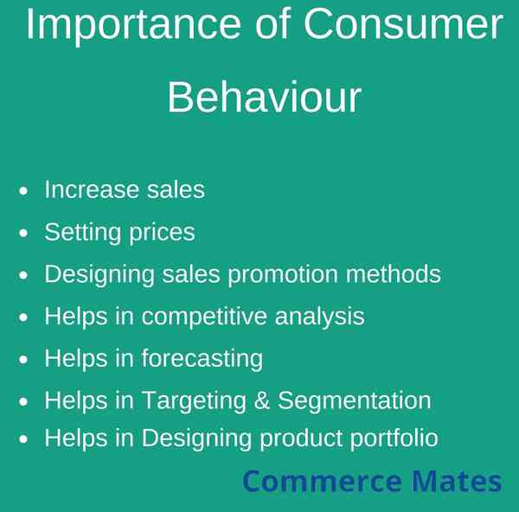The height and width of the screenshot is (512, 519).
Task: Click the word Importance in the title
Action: [134, 25]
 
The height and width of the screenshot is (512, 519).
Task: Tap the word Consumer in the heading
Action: [403, 23]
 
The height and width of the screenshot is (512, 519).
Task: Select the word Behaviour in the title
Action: [264, 98]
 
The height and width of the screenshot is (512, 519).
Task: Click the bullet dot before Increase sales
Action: [23, 191]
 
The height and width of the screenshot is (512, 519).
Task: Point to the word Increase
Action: [92, 189]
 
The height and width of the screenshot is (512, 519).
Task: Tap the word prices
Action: [162, 234]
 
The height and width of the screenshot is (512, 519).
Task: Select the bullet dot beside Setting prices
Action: [23, 233]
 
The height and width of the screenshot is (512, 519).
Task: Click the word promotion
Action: [283, 275]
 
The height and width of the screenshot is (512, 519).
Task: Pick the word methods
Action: [394, 273]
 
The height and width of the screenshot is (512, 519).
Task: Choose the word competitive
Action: [204, 317]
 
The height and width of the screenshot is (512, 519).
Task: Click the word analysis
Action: [319, 317]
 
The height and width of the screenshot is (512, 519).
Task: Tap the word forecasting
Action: [202, 359]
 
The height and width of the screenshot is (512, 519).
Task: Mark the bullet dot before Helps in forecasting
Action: [23, 360]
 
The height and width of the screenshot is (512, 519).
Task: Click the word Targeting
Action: [194, 401]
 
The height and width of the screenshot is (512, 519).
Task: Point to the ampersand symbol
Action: [262, 400]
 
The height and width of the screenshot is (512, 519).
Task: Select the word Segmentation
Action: [354, 401]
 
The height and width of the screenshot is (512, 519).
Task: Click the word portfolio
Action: [394, 438]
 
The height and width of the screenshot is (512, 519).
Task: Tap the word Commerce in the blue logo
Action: [322, 481]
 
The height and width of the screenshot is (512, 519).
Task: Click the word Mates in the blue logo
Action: [457, 481]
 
